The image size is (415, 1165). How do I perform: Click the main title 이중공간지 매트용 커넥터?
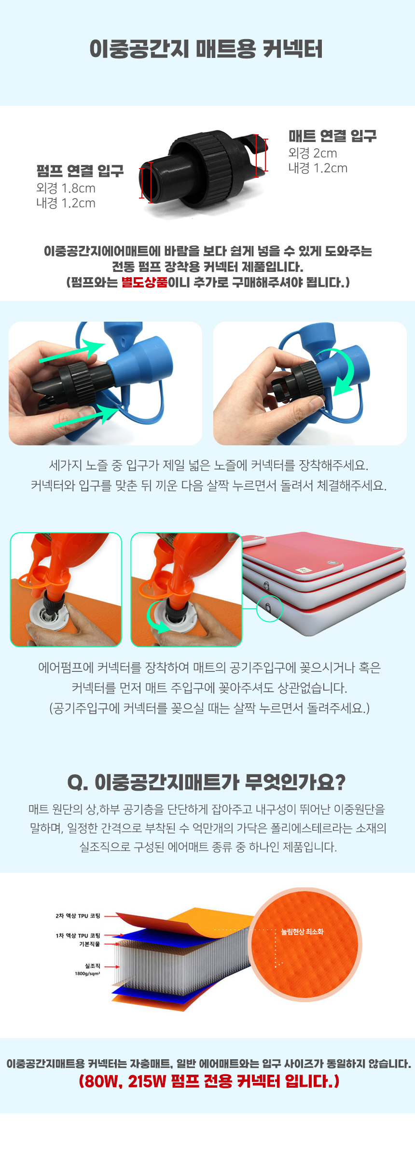(206, 49)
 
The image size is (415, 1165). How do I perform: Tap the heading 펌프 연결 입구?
(80, 171)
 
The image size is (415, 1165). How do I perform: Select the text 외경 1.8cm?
(66, 188)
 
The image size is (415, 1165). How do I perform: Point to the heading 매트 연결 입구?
(332, 136)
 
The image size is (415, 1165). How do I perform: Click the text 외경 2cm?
(313, 153)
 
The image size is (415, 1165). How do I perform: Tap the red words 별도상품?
(144, 282)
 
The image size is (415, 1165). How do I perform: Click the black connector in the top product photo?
(203, 171)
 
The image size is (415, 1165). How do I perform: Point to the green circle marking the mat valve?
(269, 608)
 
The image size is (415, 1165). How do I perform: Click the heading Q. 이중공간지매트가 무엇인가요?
(207, 782)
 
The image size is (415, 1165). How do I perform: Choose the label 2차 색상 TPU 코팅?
(78, 916)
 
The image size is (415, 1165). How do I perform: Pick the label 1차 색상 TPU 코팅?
(78, 936)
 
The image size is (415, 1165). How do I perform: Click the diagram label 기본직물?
(90, 944)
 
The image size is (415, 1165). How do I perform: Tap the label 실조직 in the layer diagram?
(93, 966)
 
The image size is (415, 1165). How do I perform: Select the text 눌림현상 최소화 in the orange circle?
(302, 932)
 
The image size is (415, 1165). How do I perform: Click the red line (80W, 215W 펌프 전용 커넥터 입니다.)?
(209, 1081)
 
